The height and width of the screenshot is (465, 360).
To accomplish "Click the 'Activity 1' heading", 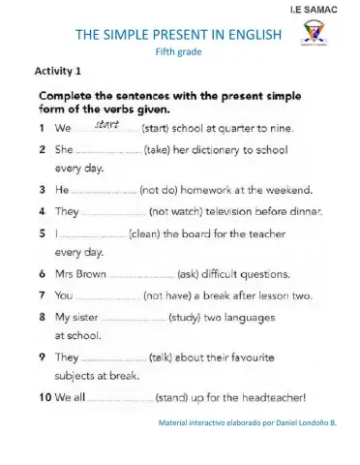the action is click(57, 72).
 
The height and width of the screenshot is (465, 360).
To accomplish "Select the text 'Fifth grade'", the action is click(178, 51).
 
